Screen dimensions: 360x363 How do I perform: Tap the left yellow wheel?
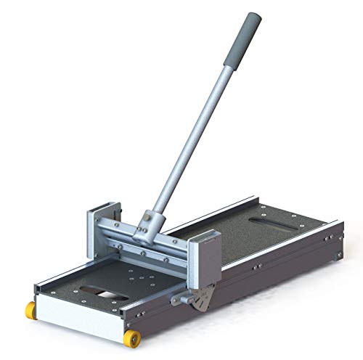coord(31,310)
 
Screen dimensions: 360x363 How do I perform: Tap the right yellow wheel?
coord(134,339)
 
